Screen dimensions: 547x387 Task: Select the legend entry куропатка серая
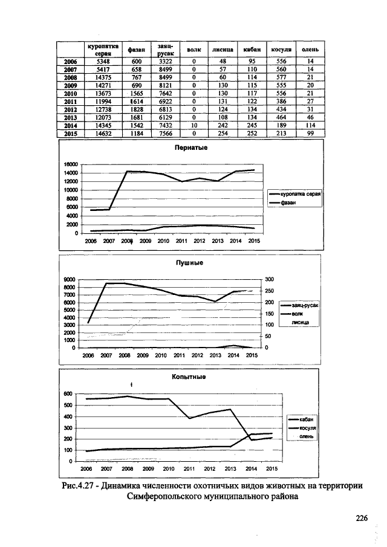point(301,195)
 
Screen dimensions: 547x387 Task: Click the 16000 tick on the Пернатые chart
point(71,164)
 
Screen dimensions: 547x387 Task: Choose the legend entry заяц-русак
point(304,306)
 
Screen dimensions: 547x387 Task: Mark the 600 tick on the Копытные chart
point(68,393)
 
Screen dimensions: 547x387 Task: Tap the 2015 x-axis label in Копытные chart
point(272,468)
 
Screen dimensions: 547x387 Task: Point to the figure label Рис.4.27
point(78,485)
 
